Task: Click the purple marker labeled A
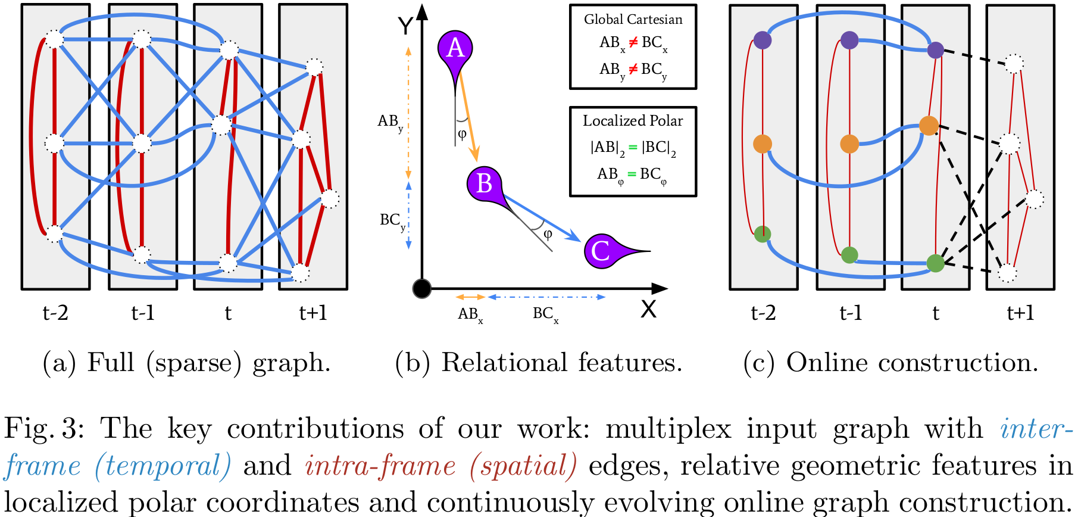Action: click(x=455, y=48)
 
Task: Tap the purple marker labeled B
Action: click(x=484, y=183)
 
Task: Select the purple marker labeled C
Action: click(x=601, y=251)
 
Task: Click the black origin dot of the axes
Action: click(x=421, y=289)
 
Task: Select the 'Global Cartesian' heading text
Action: click(x=633, y=20)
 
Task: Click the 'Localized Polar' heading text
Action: click(x=633, y=121)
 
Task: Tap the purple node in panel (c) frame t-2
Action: click(x=763, y=40)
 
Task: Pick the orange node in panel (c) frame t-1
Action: click(x=849, y=144)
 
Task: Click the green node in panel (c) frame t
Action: click(x=936, y=263)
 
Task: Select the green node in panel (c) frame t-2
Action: click(x=763, y=234)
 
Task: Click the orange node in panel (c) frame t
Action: click(x=929, y=126)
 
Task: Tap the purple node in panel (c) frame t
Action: click(x=936, y=50)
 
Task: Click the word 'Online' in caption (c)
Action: click(x=826, y=363)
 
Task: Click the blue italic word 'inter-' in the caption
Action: click(x=1036, y=429)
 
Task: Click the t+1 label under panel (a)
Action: click(x=313, y=313)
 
